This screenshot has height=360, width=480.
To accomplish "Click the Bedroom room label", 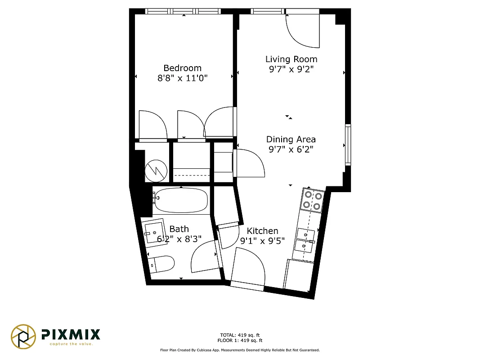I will [x=182, y=68].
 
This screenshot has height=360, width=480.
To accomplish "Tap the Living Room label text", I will [x=291, y=59].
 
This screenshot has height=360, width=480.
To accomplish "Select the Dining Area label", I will [x=291, y=139].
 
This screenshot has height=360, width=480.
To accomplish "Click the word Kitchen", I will [x=262, y=230].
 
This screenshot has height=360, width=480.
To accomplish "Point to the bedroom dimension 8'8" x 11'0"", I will [x=182, y=78].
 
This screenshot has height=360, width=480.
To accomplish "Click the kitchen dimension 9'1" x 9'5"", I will [x=262, y=240].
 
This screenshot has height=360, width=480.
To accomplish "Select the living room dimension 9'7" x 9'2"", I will [x=291, y=69].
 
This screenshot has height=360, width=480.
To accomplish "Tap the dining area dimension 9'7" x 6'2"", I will [x=291, y=149].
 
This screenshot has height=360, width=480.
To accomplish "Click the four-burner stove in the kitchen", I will [x=313, y=201].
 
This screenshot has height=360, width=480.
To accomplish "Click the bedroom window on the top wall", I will [x=184, y=11].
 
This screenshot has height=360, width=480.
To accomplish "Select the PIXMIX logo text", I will [x=71, y=334].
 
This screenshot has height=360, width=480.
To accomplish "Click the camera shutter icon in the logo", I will [x=23, y=336].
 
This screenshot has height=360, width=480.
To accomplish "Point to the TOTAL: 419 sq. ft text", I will [x=240, y=335].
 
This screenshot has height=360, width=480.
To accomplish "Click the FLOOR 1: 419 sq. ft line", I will [x=240, y=341].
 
